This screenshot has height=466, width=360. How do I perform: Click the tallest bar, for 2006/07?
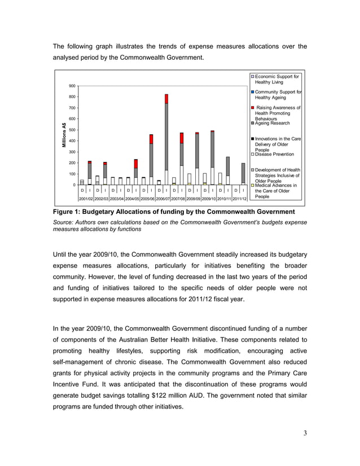166,141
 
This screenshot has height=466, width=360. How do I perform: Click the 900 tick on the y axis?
73,86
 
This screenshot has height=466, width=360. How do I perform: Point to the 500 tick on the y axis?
73,130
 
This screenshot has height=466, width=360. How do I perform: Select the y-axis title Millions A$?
64,135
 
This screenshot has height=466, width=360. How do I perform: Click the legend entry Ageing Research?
273,123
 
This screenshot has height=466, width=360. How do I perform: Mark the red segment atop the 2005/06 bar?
151,139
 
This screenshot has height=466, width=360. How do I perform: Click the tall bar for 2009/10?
212,152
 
